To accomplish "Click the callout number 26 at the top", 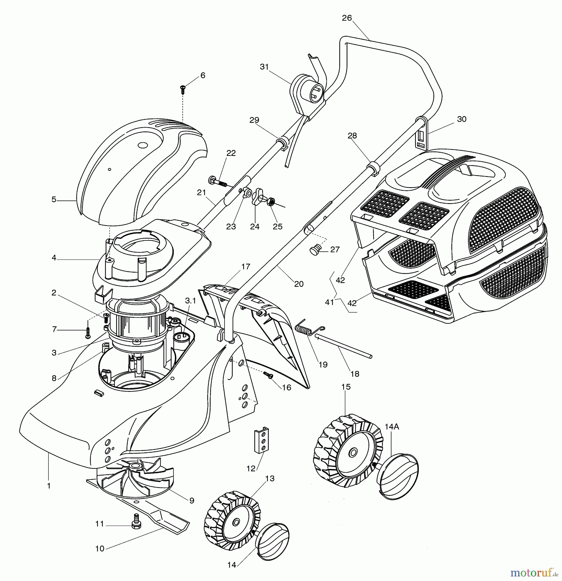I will pos(347,18).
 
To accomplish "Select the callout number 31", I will pos(264,67).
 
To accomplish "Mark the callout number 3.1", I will pos(190,301).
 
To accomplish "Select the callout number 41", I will pos(329,302).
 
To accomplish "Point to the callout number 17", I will pos(246,267).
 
